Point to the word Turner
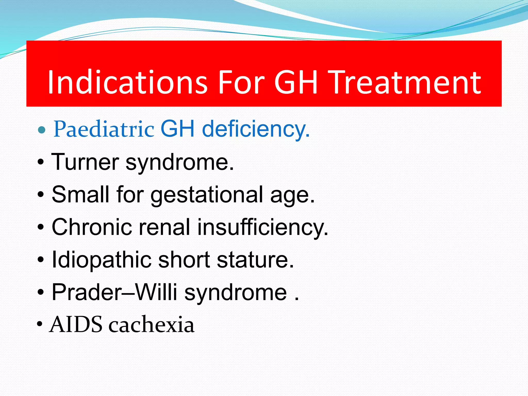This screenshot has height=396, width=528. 85,162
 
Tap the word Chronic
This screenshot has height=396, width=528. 92,227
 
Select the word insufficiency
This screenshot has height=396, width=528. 263,227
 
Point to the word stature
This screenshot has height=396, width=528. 255,260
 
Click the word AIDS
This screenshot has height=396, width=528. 76,325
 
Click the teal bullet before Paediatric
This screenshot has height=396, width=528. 42,129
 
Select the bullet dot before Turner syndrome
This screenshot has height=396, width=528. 41,163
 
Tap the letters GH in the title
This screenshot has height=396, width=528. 295,82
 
